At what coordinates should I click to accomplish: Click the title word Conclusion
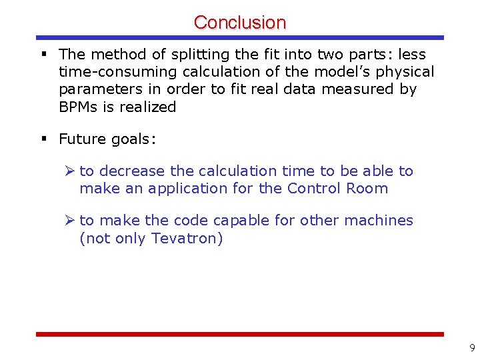(x=240, y=22)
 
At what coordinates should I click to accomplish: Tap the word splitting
(x=173, y=55)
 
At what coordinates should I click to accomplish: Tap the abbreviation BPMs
(x=79, y=107)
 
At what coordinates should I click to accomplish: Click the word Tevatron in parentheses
(x=185, y=238)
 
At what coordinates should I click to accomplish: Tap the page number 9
(x=472, y=348)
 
